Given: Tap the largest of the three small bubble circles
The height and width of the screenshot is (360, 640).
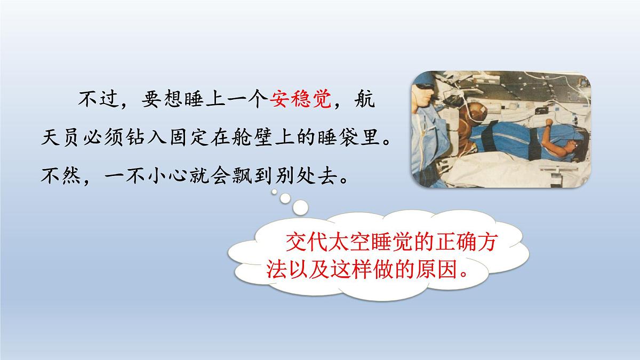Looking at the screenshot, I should point(300,206).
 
